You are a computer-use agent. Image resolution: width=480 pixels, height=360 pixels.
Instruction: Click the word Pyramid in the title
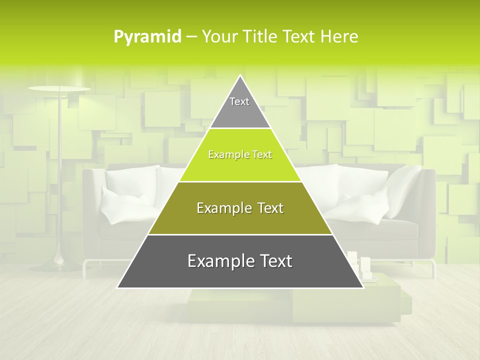click(147, 37)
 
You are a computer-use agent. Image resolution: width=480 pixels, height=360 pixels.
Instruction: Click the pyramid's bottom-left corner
click(118, 287)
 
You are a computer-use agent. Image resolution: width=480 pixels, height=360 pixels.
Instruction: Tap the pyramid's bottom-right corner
click(362, 287)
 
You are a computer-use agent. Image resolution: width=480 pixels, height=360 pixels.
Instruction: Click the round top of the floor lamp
click(59, 89)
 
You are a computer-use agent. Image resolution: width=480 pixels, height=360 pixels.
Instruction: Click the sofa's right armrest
click(427, 210)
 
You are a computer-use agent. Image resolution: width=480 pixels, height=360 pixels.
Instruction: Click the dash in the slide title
click(191, 37)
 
